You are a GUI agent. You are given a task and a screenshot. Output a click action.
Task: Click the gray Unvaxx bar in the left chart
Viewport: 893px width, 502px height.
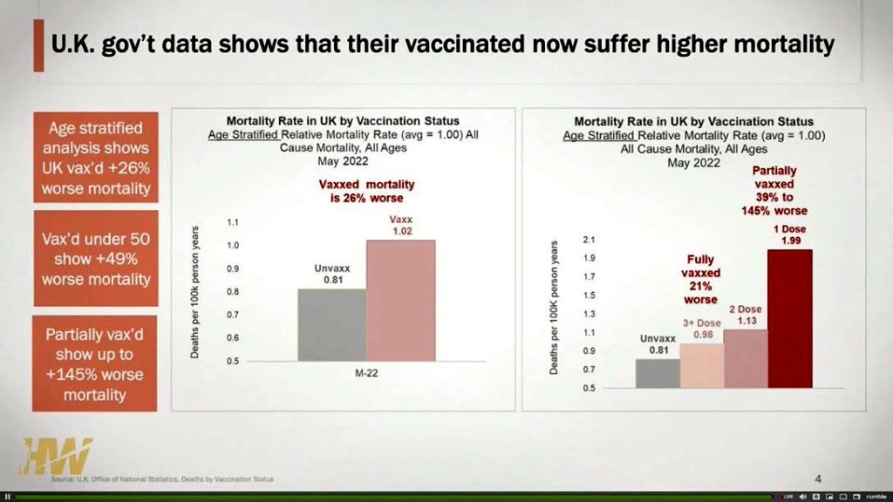(331, 324)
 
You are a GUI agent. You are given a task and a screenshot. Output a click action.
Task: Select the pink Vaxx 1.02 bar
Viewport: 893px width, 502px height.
(400, 300)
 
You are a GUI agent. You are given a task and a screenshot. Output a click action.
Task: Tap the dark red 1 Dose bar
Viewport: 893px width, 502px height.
(789, 319)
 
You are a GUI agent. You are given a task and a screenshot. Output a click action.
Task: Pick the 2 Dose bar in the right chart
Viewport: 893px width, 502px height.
(746, 358)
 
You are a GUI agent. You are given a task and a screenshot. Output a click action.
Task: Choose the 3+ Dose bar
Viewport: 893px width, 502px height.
(701, 365)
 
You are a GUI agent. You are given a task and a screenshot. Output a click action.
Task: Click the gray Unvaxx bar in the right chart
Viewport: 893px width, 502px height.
(658, 373)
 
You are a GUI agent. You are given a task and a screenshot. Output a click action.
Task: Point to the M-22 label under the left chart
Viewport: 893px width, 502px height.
(365, 373)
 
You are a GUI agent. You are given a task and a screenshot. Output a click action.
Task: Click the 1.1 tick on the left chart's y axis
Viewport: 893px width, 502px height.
(233, 223)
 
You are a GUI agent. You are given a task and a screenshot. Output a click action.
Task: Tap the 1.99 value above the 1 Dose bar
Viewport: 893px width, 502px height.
(791, 241)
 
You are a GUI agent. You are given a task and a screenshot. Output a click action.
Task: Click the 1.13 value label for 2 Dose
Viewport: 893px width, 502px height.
(746, 321)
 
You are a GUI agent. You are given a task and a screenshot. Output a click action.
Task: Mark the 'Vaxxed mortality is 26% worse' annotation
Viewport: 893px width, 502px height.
(366, 191)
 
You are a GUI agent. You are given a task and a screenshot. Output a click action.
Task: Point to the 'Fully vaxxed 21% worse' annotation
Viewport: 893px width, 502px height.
(700, 280)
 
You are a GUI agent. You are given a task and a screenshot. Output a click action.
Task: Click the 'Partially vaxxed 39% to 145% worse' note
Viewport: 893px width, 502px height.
(781, 191)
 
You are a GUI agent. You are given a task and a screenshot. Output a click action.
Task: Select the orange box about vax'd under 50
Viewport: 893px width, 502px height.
(96, 259)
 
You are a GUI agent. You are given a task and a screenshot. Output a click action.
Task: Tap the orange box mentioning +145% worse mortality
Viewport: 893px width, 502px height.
(95, 364)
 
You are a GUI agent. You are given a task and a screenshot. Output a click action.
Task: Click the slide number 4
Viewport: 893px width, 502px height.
(818, 478)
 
